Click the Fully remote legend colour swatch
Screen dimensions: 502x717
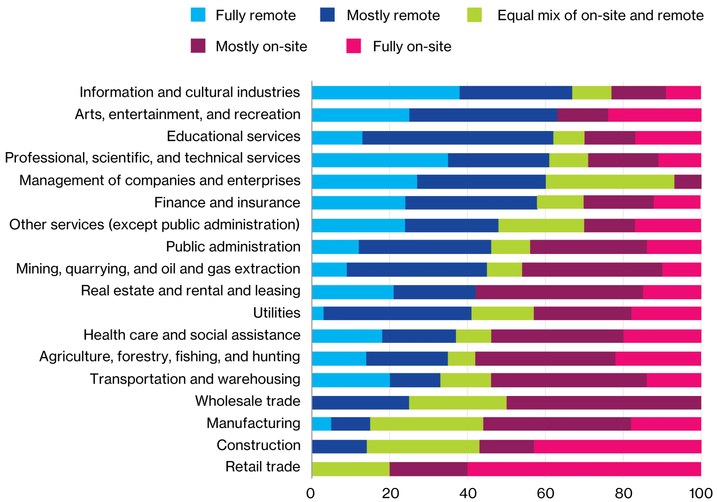198,15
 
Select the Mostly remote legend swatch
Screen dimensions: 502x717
327,15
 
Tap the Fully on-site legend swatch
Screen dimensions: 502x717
353,46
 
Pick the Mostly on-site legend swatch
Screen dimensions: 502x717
198,46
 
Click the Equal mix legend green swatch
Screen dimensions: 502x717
474,15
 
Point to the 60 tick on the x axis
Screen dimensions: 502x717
545,493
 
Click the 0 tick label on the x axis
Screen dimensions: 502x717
310,493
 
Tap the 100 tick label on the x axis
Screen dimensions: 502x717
700,493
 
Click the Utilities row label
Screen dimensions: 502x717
276,313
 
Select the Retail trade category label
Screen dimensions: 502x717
263,467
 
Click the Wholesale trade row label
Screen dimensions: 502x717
247,401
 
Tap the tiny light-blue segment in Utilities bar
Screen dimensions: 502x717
318,313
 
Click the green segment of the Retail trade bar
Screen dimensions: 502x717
351,469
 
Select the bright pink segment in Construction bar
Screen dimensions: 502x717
617,447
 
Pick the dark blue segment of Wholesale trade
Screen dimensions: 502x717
360,402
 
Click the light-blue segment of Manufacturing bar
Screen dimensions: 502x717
321,424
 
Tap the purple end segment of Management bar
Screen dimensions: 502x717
687,182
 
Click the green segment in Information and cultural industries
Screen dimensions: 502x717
591,93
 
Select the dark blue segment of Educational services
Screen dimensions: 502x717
458,138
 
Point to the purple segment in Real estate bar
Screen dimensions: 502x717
559,292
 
